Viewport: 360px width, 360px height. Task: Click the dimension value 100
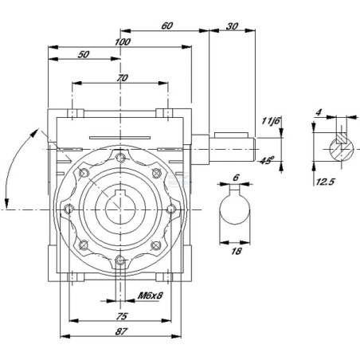coord(123,42)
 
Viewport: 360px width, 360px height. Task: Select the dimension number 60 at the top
coord(167,25)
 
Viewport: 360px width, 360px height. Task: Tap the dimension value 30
coord(232,26)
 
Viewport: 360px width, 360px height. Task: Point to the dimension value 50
coord(84,54)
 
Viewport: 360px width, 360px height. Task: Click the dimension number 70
coord(122,78)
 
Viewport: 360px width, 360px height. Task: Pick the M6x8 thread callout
coord(150,295)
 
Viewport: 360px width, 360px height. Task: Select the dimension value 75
coord(122,316)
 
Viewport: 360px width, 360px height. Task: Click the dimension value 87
coord(121,331)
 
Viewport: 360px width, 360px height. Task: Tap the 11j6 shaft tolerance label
coord(271,121)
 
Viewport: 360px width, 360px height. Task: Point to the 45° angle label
coord(267,160)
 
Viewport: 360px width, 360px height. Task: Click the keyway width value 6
coord(236,178)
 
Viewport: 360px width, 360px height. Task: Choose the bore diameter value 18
coord(236,251)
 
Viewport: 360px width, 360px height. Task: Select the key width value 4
coord(319,112)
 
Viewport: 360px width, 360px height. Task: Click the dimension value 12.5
coord(325,182)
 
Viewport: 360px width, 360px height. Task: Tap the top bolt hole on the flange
coord(120,158)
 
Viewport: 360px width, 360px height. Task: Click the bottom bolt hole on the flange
coord(121,260)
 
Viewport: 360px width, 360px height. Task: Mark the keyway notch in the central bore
coord(121,194)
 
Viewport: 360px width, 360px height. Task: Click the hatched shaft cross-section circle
coord(342,150)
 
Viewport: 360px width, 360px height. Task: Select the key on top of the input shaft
coord(231,135)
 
